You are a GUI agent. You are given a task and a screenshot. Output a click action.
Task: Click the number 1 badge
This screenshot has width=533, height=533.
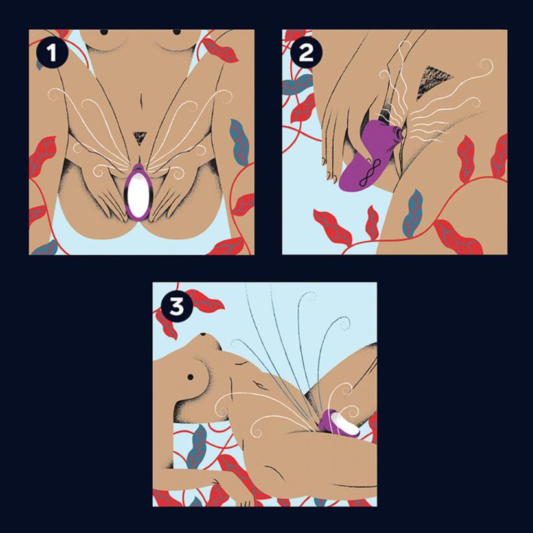[51, 52]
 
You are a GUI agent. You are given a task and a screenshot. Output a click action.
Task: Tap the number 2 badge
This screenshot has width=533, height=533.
[305, 52]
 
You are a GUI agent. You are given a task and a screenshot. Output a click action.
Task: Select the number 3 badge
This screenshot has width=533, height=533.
[177, 306]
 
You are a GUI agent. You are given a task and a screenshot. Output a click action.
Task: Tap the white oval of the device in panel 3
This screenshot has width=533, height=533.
[345, 425]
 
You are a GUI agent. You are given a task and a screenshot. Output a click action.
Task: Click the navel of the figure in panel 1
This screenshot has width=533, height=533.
[141, 99]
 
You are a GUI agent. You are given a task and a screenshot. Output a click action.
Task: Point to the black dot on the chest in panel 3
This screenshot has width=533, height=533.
[190, 377]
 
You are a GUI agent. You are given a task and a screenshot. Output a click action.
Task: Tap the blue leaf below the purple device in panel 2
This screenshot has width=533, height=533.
[413, 212]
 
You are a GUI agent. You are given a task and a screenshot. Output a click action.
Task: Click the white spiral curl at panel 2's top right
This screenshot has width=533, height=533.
[487, 65]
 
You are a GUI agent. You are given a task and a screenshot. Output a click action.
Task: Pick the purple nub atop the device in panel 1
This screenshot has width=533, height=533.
[138, 167]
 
